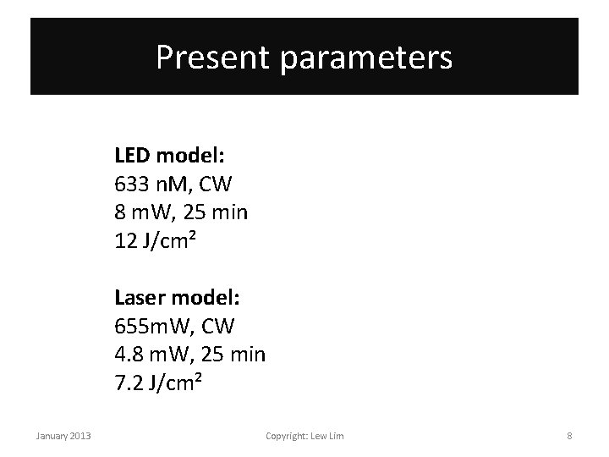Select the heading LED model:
[x=175, y=157]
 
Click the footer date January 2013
[x=63, y=436]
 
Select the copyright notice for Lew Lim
[x=304, y=436]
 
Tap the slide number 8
[x=569, y=436]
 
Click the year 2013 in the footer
[x=80, y=436]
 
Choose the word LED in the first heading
[x=133, y=157]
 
